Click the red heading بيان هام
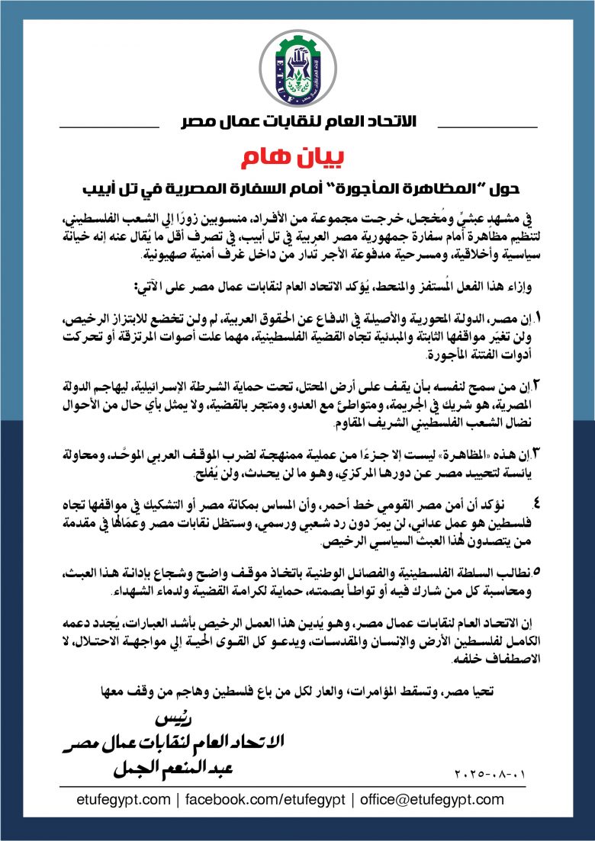tap(297, 158)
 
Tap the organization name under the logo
tap(297, 122)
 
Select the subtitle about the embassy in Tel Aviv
tap(297, 186)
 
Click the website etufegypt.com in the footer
tap(124, 800)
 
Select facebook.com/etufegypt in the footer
tap(265, 800)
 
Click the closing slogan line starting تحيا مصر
tap(297, 692)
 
